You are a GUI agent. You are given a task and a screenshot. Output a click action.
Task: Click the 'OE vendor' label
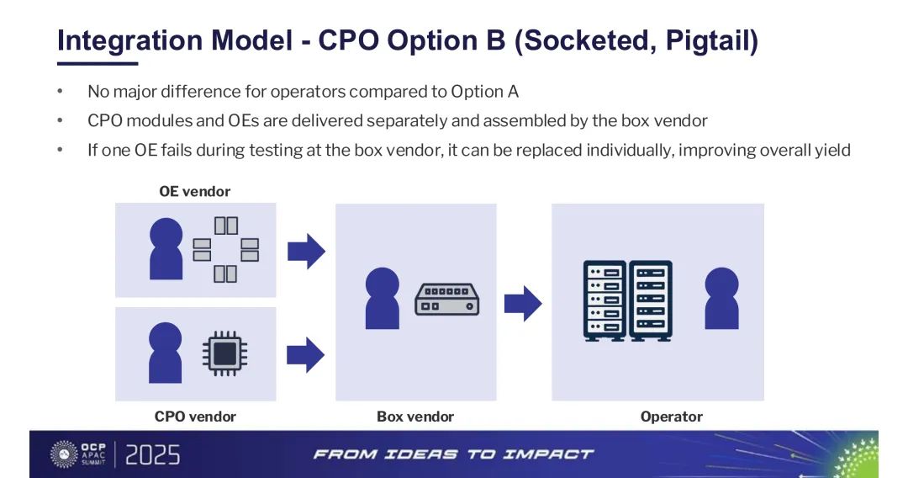[194, 191]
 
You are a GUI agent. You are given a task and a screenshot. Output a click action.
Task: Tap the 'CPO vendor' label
[195, 417]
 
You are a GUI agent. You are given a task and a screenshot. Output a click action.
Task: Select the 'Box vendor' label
[415, 417]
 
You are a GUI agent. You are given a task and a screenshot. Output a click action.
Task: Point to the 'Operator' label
[671, 417]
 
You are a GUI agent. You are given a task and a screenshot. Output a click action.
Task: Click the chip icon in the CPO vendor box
[224, 354]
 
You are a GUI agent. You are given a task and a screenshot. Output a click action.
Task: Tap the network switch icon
[446, 299]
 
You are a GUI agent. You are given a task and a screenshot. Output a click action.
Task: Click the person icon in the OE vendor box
[166, 248]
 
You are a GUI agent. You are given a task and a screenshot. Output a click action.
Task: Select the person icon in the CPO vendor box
[166, 353]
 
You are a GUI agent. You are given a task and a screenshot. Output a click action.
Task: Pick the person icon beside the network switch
[383, 298]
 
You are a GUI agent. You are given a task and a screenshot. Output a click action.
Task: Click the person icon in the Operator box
[722, 298]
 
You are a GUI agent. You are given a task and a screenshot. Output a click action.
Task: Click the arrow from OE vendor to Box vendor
[306, 250]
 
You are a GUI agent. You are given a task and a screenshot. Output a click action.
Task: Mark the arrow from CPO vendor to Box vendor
[306, 353]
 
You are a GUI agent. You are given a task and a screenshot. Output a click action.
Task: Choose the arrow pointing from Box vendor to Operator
[523, 303]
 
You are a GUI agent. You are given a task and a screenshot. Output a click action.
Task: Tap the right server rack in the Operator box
[652, 300]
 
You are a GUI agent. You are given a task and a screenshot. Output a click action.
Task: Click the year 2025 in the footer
[152, 455]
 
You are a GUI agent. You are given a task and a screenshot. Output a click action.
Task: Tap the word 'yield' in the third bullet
[833, 151]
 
